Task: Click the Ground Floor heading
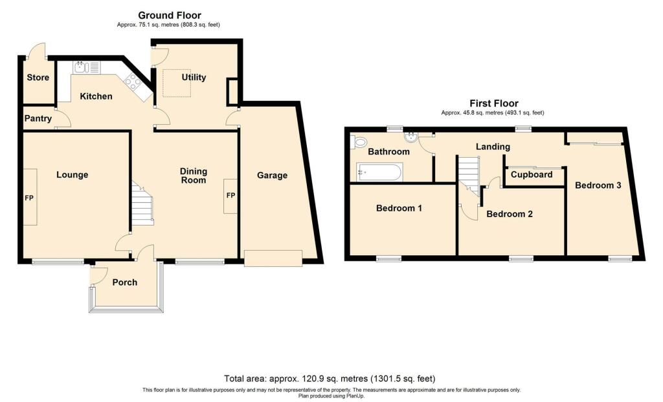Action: coord(170,15)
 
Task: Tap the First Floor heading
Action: coord(493,103)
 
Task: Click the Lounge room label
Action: coord(72,175)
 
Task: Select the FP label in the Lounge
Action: coord(29,197)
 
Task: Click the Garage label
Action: coord(272,175)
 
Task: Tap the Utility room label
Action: coord(194,78)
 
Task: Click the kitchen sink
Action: coord(85,67)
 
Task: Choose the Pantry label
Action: coord(38,119)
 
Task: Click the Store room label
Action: coord(38,78)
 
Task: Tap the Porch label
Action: coord(125,282)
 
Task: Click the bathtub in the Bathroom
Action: coord(379,172)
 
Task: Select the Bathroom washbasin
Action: coord(410,137)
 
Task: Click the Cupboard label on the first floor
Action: coord(532,175)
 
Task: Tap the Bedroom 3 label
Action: coord(598,185)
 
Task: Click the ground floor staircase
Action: coord(142,205)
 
